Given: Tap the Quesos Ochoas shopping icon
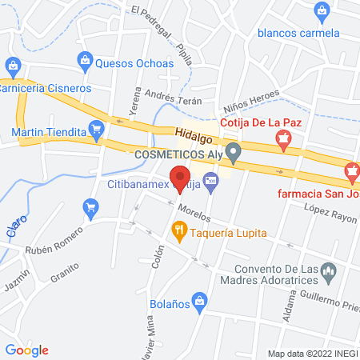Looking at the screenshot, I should click(x=84, y=58).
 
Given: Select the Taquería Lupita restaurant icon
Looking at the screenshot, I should click(x=179, y=232).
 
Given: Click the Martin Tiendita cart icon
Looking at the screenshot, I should click(x=98, y=128).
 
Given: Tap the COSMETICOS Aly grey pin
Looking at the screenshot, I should click(x=233, y=151).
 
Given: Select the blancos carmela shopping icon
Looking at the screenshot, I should click(x=322, y=10).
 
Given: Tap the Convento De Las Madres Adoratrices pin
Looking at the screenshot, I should click(x=326, y=275).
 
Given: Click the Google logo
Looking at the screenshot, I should click(x=26, y=350).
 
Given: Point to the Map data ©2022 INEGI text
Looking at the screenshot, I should click(x=312, y=354).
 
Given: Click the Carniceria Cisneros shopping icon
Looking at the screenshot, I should click(x=12, y=65).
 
